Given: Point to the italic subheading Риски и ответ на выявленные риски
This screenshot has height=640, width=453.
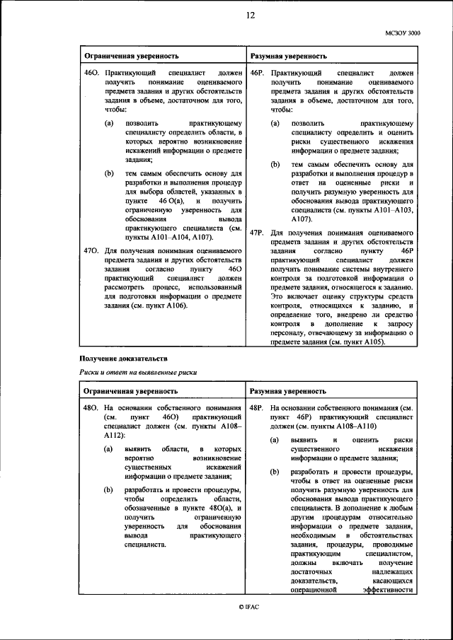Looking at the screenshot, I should pos(137,373).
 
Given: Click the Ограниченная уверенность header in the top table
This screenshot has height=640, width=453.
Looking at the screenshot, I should pos(132,55).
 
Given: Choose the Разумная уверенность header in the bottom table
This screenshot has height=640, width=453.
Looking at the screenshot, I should pos(288,390).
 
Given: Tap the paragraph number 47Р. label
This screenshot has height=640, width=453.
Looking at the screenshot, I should pos(257,232).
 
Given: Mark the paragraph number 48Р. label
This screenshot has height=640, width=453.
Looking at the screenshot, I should pos(257,408).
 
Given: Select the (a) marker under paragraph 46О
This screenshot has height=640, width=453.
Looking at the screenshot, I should pos(109,123).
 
